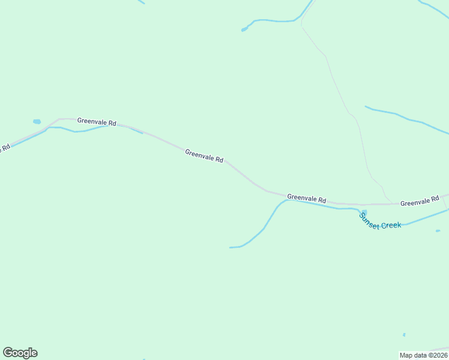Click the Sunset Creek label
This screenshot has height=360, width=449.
380,221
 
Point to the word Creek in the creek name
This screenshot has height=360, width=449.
391,225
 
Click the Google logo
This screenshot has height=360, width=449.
20,353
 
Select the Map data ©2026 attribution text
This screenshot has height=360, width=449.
424,355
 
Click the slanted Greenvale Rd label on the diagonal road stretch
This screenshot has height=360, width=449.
204,156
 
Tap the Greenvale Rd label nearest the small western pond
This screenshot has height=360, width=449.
96,122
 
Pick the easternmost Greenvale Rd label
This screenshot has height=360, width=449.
420,201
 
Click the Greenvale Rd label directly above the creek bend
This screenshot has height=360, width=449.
306,198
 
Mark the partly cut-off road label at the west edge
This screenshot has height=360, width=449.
5,148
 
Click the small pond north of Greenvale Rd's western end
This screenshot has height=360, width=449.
37,121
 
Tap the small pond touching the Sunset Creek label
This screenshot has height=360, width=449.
364,211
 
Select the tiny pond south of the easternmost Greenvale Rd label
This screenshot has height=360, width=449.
438,231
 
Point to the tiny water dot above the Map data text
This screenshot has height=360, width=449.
404,335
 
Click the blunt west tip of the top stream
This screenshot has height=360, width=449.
243,29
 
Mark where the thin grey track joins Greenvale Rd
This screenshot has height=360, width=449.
393,203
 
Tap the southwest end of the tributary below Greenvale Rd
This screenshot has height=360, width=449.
231,247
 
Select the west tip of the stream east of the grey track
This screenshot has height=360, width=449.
366,107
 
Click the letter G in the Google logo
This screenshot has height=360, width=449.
8,352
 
